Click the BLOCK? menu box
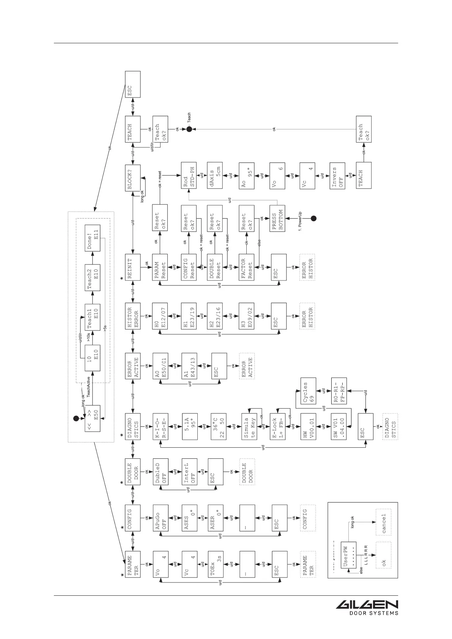point(133,178)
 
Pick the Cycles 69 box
point(309,391)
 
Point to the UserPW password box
point(348,554)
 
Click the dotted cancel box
point(383,522)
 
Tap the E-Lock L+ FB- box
point(278,426)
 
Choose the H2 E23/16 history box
point(215,316)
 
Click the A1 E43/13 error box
point(189,366)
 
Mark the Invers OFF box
point(337,175)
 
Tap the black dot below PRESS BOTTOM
point(313,218)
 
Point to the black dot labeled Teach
point(189,129)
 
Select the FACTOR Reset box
point(246,267)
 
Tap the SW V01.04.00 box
point(339,426)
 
